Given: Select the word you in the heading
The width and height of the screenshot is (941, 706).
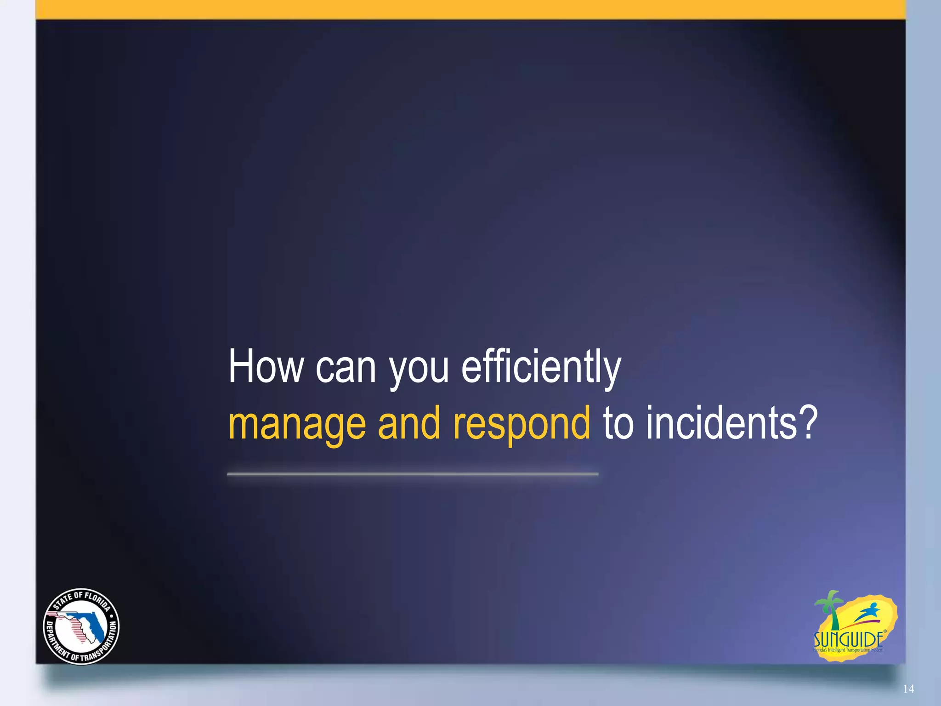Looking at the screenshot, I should click(x=419, y=370).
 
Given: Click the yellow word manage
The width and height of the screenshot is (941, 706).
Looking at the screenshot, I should click(x=297, y=424).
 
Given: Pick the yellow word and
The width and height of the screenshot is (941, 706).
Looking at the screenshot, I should click(x=408, y=423).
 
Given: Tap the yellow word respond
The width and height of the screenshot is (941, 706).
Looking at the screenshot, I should click(x=521, y=424).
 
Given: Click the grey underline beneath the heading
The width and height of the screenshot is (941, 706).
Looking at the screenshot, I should click(x=412, y=474).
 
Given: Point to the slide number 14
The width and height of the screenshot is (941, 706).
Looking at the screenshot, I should click(x=908, y=689).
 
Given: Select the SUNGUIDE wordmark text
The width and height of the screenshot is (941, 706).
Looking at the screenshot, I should click(x=848, y=639).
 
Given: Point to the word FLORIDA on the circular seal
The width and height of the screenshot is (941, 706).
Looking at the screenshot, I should click(x=97, y=600).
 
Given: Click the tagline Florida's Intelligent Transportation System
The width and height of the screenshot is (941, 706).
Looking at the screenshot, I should click(x=848, y=650).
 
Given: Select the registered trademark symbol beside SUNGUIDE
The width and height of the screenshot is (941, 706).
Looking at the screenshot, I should click(x=885, y=632).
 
